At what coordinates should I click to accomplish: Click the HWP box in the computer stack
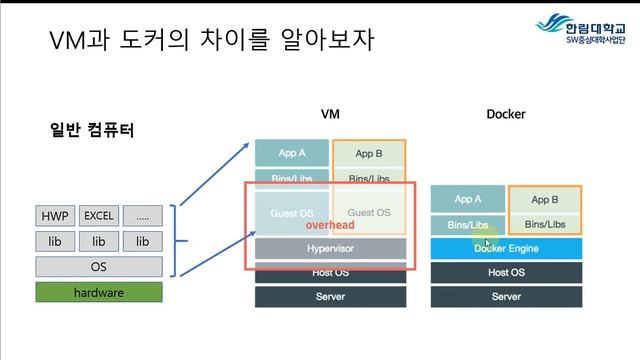tap(55, 216)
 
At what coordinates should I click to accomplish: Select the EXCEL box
tap(99, 216)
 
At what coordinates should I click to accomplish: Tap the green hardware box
tap(98, 292)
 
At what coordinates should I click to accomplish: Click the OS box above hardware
tap(98, 266)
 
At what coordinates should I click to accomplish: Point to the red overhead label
tap(330, 227)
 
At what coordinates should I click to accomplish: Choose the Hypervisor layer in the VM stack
tap(330, 247)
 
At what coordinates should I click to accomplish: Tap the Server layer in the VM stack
tap(330, 297)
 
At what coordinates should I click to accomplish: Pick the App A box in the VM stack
tap(292, 153)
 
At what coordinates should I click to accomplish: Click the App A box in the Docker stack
tap(467, 199)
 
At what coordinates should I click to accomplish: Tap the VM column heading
tap(330, 114)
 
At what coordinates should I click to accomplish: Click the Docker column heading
tap(506, 114)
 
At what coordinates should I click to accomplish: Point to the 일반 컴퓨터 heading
tap(92, 130)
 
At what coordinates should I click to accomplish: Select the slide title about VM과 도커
tap(211, 41)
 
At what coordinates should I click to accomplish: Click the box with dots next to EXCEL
tap(143, 216)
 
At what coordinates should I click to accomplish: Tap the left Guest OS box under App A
tap(292, 212)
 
